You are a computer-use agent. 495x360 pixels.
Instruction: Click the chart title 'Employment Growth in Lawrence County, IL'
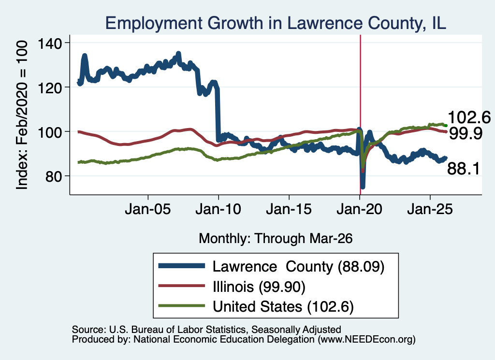click(276, 23)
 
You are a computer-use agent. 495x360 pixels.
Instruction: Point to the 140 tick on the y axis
click(50, 43)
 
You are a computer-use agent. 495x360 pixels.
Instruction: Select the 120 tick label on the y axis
click(50, 88)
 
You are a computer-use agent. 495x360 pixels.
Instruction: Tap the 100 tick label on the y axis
click(50, 132)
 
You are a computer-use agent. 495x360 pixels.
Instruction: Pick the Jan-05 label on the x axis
click(148, 209)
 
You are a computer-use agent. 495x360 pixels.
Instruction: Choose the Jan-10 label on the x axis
click(218, 209)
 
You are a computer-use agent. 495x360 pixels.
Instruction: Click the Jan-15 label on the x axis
click(289, 209)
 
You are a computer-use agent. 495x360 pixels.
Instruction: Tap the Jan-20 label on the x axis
click(359, 209)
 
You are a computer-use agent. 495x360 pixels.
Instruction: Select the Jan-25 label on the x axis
click(430, 209)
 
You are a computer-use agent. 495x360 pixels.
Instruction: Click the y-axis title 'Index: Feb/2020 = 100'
click(22, 115)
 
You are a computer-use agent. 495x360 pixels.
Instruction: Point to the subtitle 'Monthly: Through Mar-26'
click(276, 239)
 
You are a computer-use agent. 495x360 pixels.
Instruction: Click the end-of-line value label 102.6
click(469, 118)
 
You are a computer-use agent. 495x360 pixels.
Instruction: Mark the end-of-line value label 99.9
click(466, 133)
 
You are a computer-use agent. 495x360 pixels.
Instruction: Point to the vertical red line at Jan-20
click(360, 115)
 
